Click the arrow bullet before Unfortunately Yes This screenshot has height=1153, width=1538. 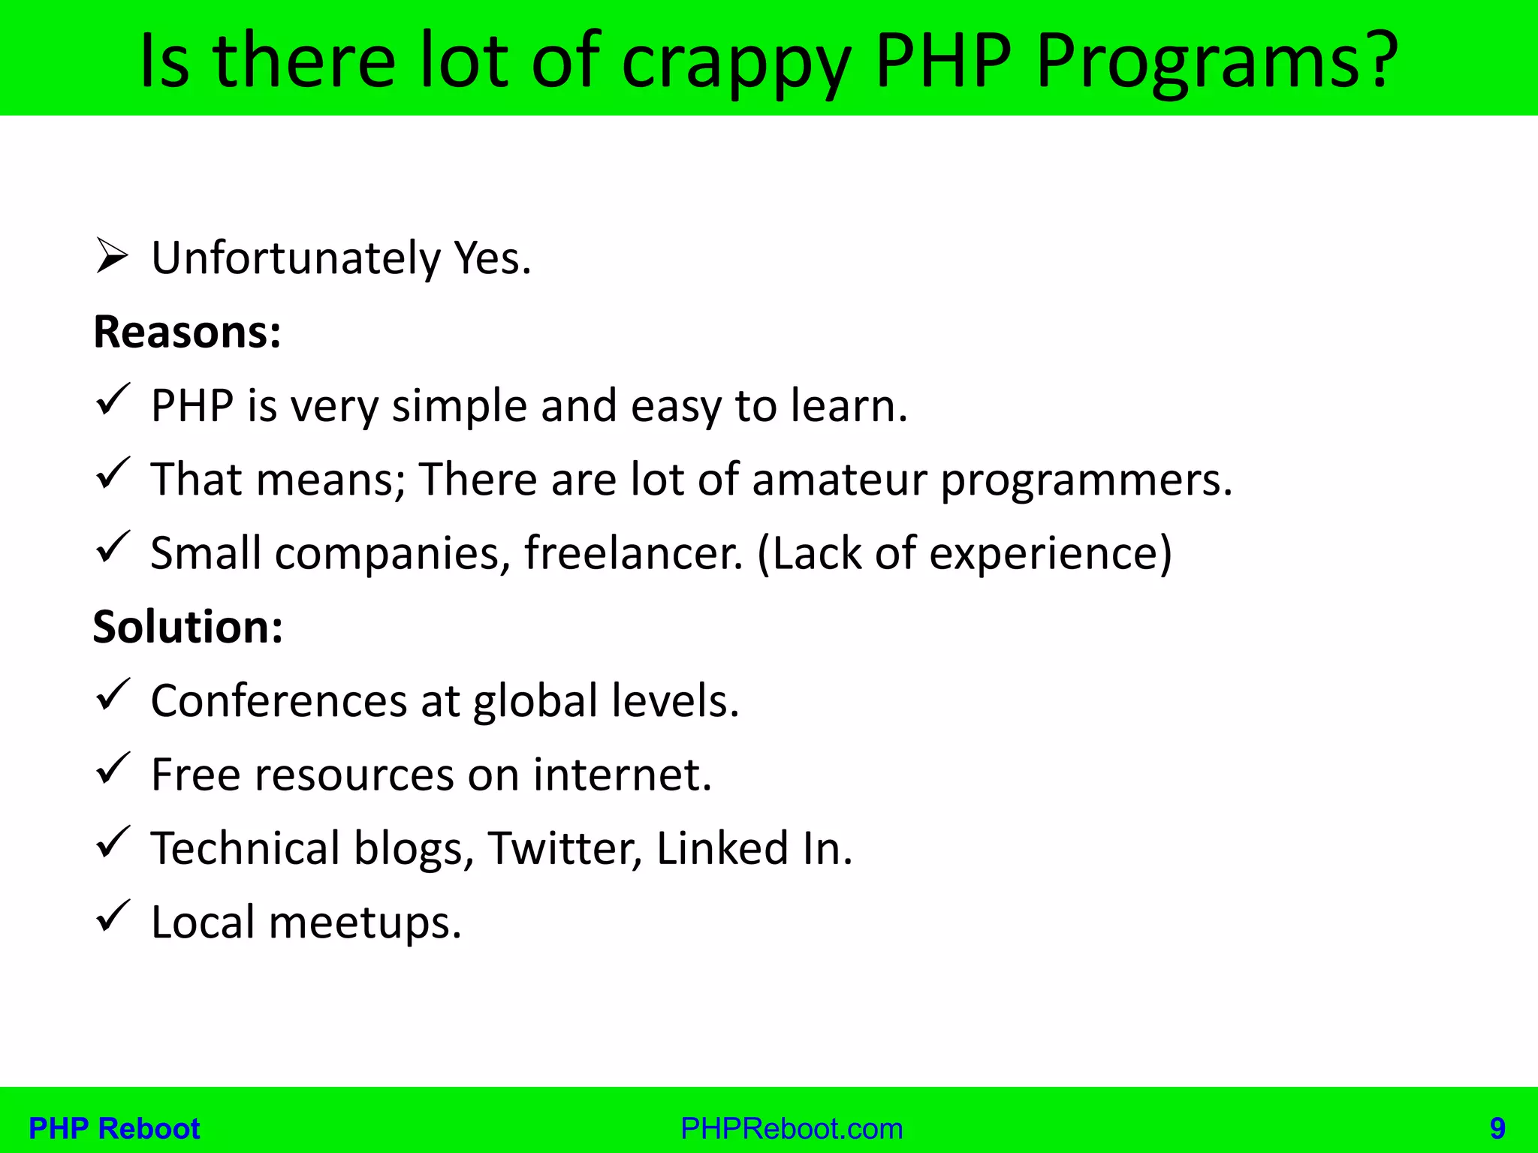point(113,257)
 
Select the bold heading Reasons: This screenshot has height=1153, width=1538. point(187,332)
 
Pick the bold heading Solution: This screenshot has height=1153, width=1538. point(188,627)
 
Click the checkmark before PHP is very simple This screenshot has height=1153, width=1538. point(113,399)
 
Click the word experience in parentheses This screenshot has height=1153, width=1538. point(1044,553)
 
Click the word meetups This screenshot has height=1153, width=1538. point(364,923)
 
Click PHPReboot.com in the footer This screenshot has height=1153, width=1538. point(792,1128)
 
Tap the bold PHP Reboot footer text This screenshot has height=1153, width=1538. point(114,1128)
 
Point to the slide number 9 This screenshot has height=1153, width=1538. point(1497,1128)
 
